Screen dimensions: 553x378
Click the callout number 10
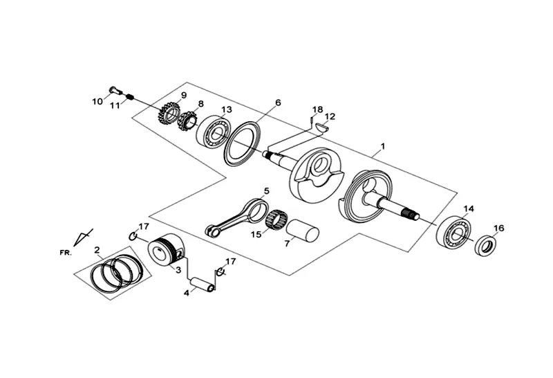(x=97, y=101)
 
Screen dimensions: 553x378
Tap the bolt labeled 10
(x=113, y=90)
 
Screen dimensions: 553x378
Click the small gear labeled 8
(x=188, y=122)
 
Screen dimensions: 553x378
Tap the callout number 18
(x=318, y=109)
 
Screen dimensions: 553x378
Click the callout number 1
(x=383, y=146)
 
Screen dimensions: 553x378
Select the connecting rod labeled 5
(x=236, y=217)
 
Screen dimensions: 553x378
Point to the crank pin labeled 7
(x=302, y=231)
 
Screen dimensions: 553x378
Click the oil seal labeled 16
(x=486, y=245)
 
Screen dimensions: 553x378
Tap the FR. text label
(x=66, y=253)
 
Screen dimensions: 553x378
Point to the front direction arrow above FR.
(x=83, y=237)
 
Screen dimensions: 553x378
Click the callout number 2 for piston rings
(x=97, y=250)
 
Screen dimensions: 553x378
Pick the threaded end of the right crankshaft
(x=410, y=213)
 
